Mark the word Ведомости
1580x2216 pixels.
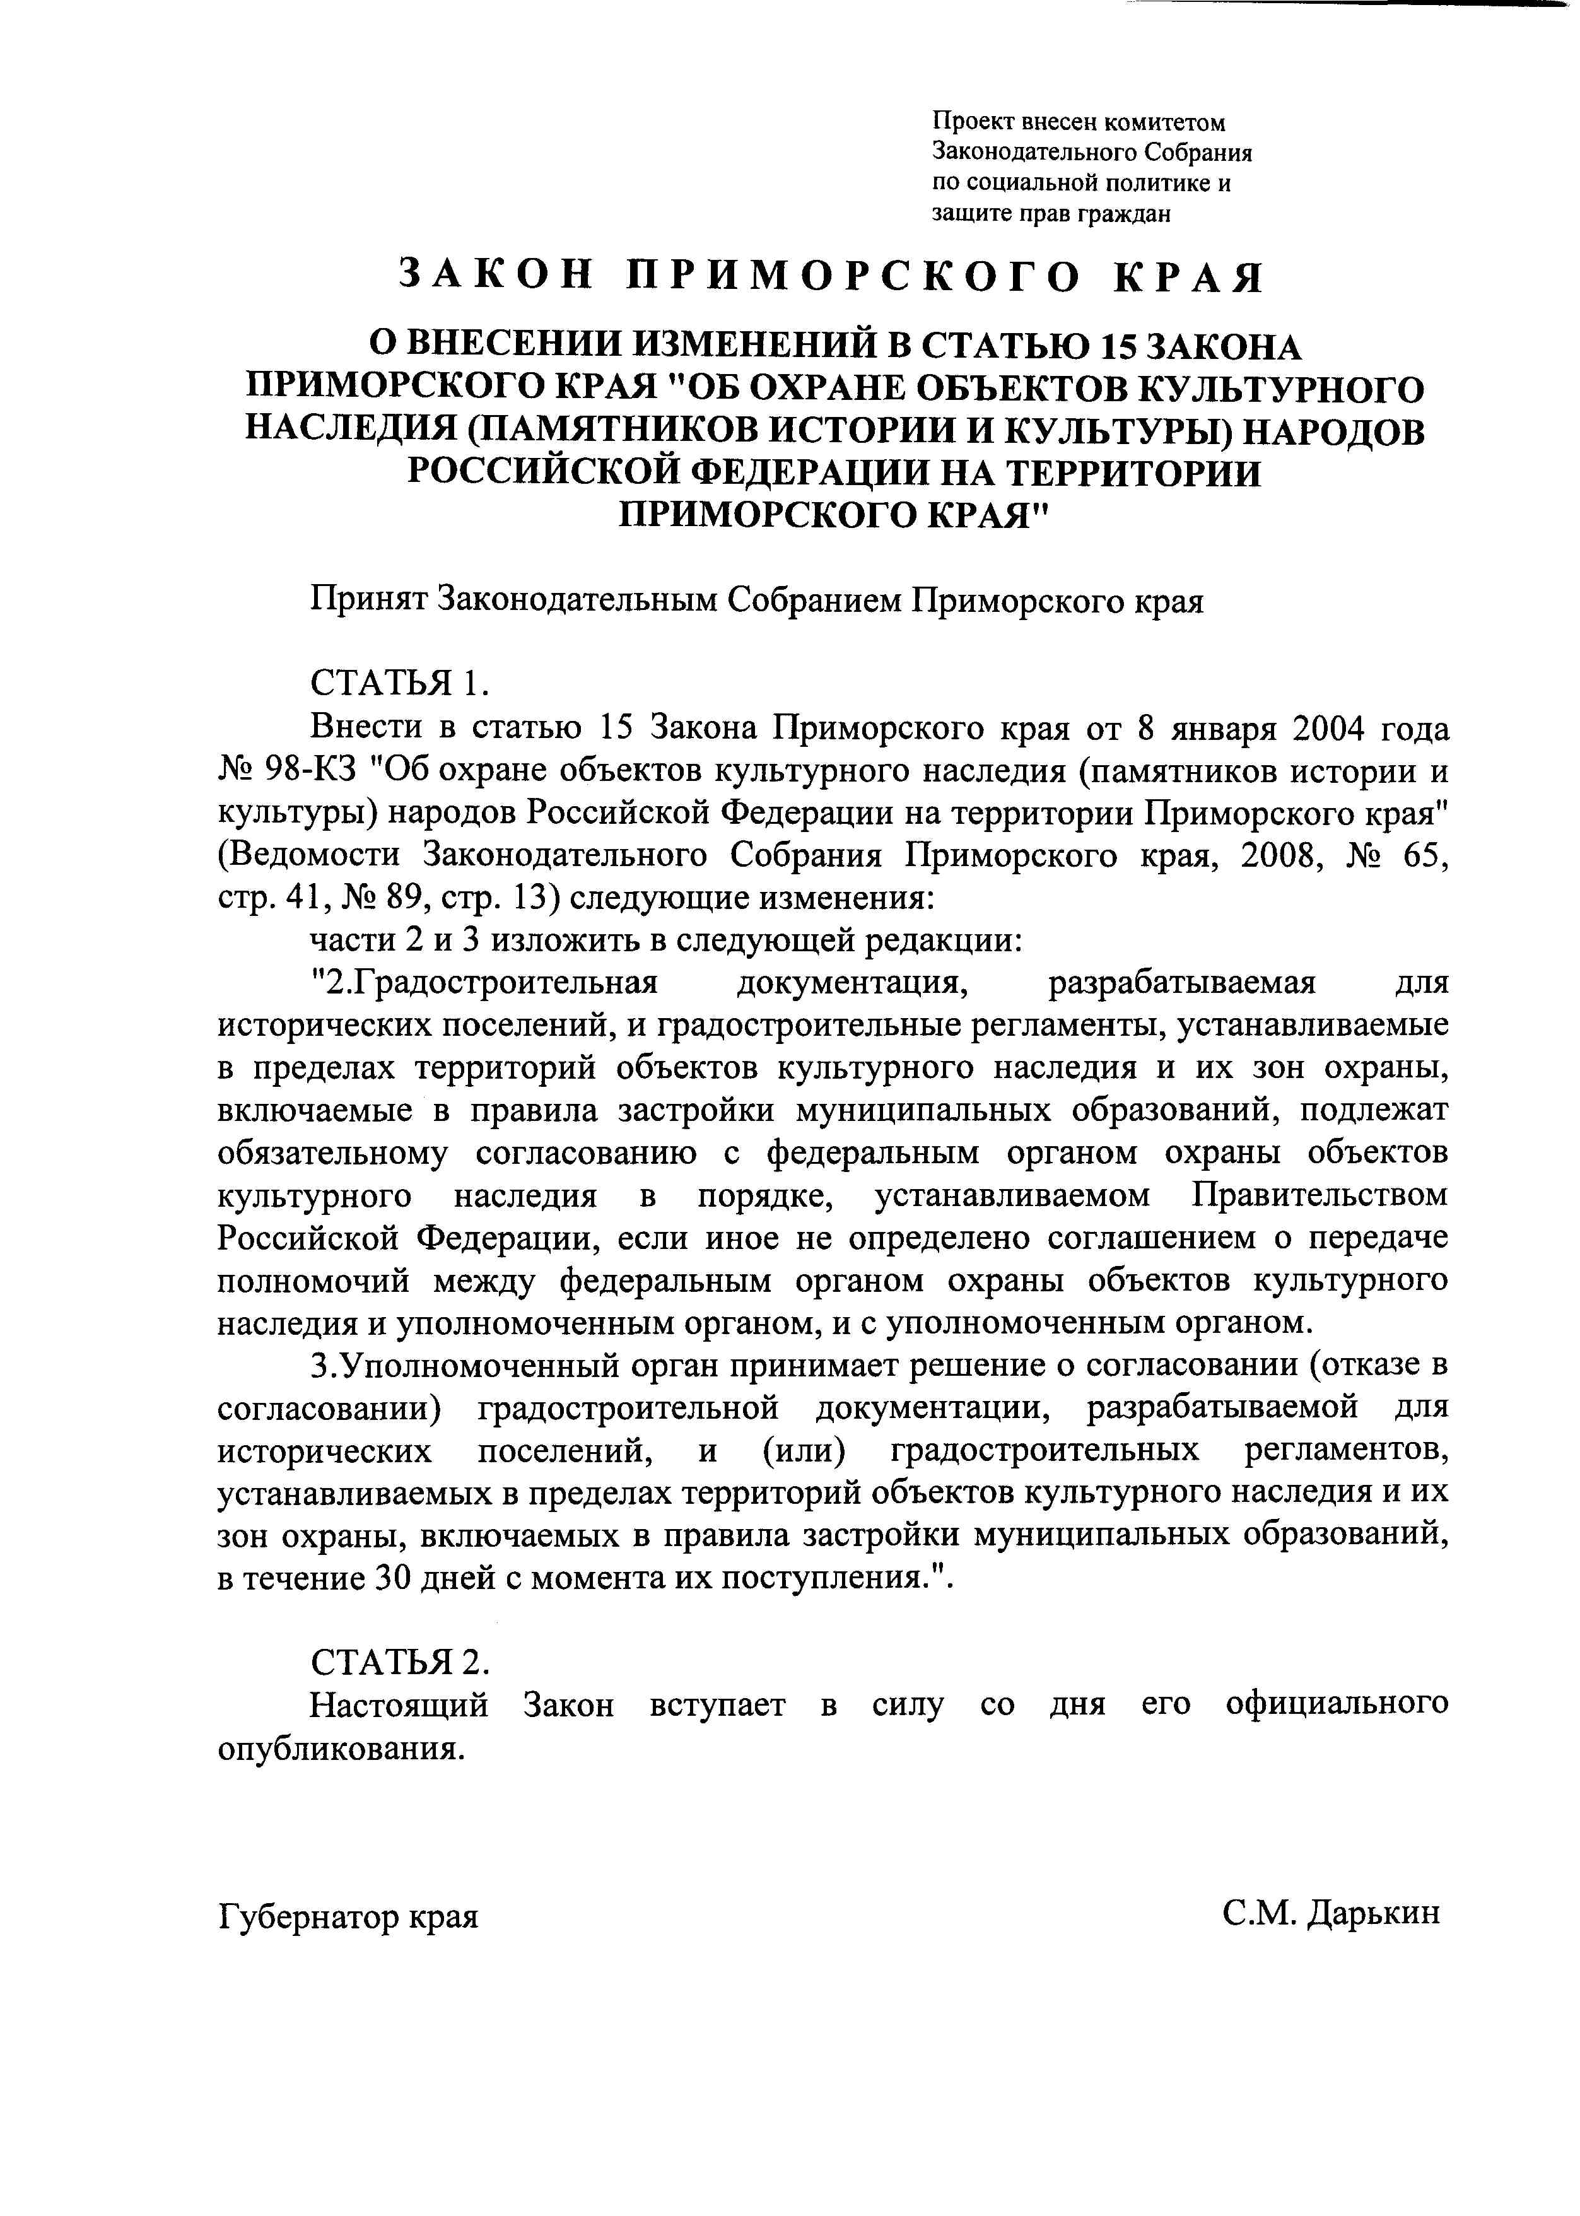click(310, 855)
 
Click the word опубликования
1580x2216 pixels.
click(339, 1748)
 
